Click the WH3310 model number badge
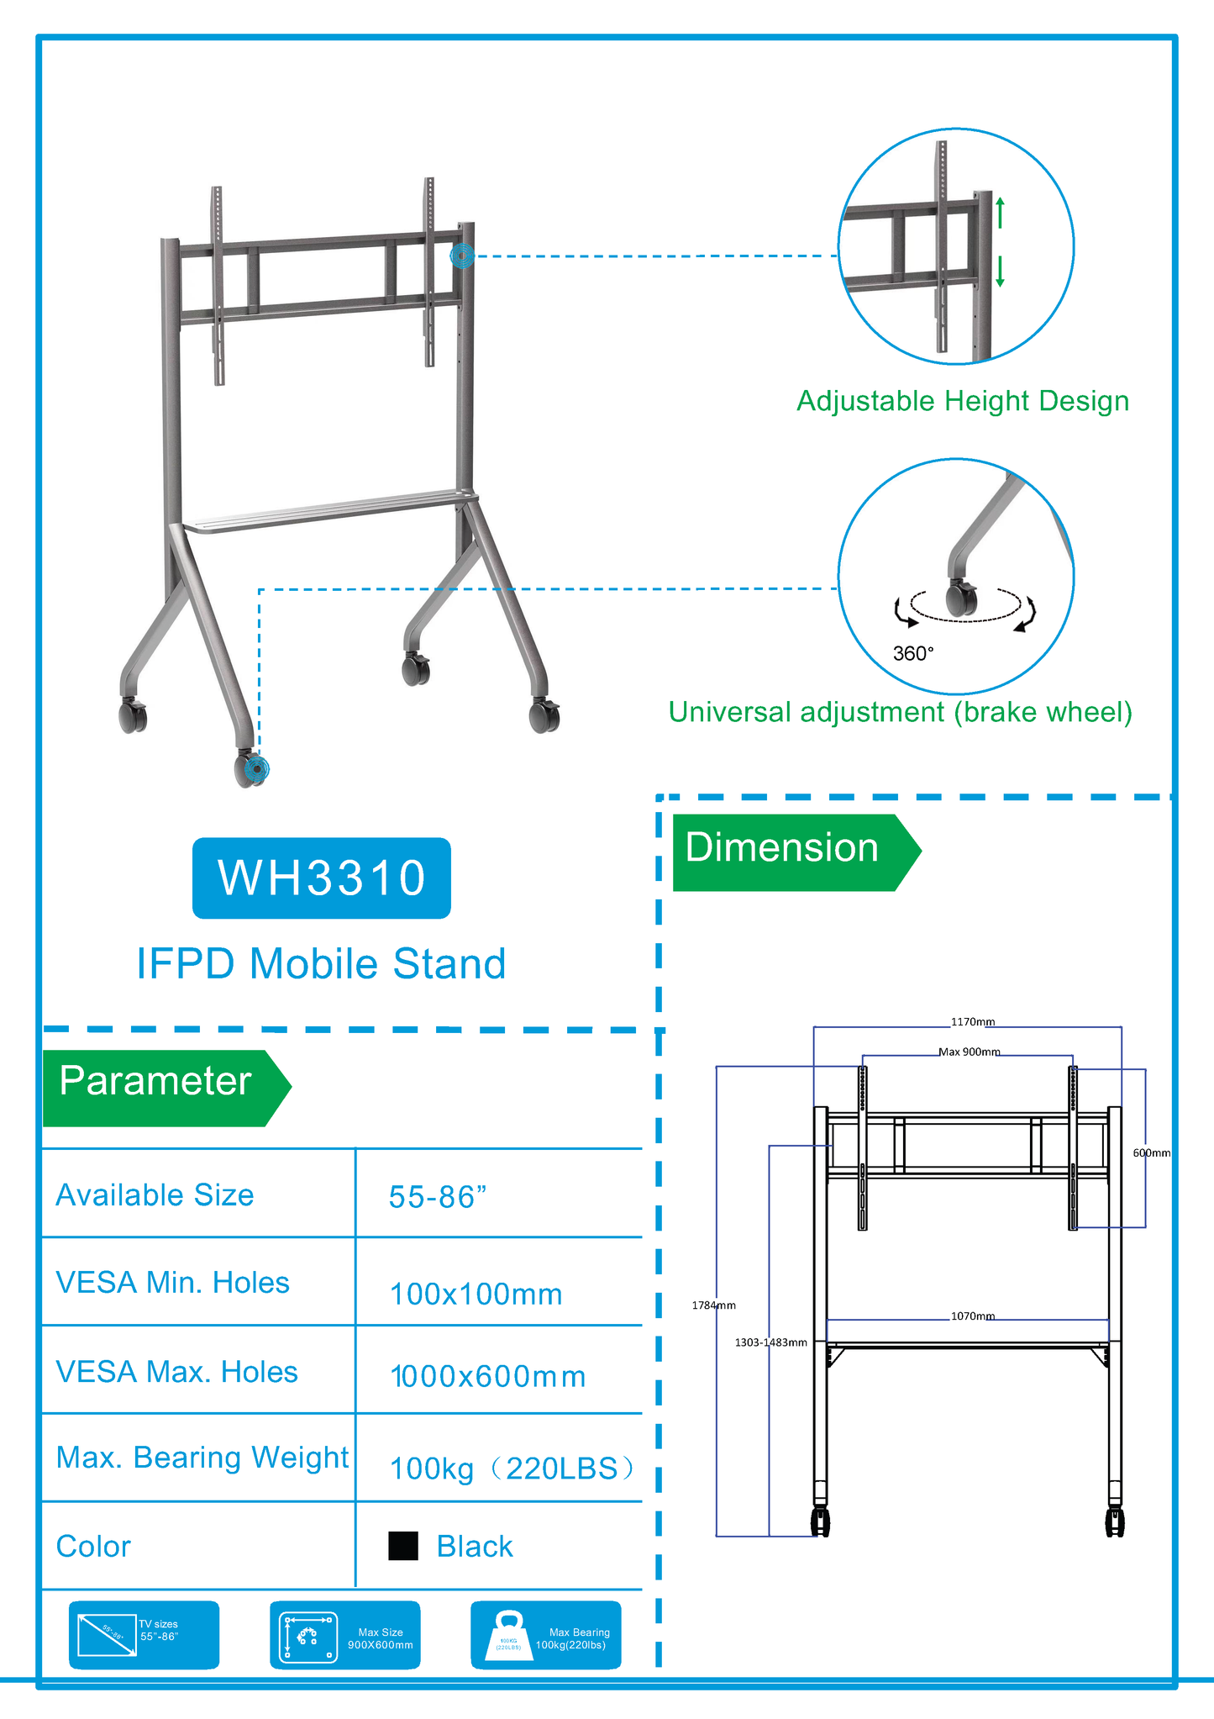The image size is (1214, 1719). point(322,878)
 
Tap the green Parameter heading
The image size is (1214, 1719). point(156,1082)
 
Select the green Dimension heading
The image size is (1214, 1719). point(782,848)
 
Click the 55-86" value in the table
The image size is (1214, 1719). point(438,1197)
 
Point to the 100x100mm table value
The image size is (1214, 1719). point(476,1295)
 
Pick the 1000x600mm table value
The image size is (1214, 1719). point(488,1377)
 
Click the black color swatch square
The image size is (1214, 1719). point(403,1546)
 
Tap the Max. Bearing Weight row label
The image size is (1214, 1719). point(202,1458)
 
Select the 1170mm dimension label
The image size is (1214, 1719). point(973,1022)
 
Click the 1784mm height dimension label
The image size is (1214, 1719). point(713,1305)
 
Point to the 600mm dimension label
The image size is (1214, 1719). point(1151,1152)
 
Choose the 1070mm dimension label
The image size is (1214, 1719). point(973,1316)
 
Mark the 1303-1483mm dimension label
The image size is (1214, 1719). point(770,1342)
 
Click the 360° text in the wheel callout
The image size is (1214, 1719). point(913,653)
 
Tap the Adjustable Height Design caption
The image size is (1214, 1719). point(963,401)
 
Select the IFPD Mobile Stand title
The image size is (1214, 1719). point(321,963)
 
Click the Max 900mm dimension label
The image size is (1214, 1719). point(970,1052)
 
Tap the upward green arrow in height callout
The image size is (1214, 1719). point(1000,212)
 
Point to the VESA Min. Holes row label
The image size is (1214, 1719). point(172,1283)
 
